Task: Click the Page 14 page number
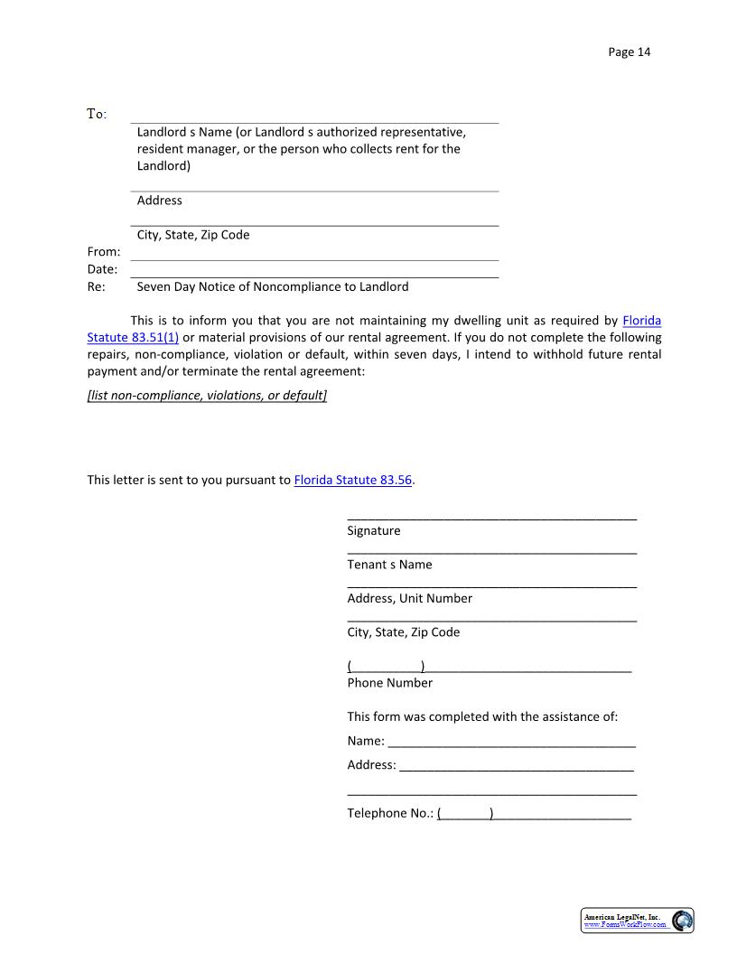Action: [x=629, y=51]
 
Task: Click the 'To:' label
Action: [x=97, y=114]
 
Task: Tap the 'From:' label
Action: [x=103, y=252]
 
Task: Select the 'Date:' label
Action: [x=102, y=269]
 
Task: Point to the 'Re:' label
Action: [x=96, y=286]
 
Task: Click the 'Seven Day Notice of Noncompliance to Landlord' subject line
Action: [x=272, y=286]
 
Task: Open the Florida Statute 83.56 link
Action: [x=353, y=480]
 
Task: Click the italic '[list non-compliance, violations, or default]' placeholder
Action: [x=207, y=396]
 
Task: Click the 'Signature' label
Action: [x=373, y=530]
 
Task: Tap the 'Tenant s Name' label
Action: [x=389, y=565]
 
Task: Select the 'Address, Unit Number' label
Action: [x=409, y=598]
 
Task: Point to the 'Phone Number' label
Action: [x=389, y=682]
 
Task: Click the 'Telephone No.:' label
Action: [x=390, y=813]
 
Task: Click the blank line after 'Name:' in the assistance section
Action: [x=511, y=744]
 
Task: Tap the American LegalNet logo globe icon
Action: [x=683, y=921]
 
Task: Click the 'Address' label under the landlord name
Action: [x=159, y=201]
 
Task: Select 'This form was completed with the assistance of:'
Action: [x=482, y=716]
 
